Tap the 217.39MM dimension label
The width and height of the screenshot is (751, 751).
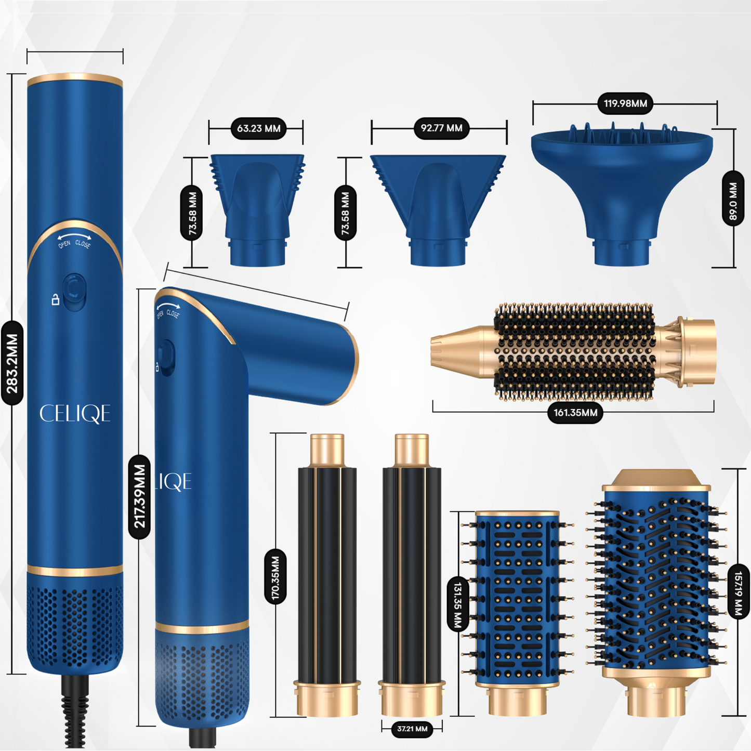(139, 496)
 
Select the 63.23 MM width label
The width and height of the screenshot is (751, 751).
(258, 128)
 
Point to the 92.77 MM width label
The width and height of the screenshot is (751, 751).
(441, 128)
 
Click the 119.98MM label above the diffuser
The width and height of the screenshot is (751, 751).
(625, 103)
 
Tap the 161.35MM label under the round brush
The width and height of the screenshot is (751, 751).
(575, 413)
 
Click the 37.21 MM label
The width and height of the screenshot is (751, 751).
(412, 729)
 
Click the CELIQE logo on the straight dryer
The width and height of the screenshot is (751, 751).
(75, 414)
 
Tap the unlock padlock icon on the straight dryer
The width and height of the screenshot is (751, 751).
(55, 299)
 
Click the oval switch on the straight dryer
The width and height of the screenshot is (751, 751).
(74, 292)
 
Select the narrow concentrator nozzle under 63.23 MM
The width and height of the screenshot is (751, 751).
(257, 208)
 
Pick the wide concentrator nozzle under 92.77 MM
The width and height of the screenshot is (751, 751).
(438, 208)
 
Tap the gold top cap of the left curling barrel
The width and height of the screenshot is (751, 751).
(327, 450)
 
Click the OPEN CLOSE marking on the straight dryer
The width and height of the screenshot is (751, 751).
(74, 242)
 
